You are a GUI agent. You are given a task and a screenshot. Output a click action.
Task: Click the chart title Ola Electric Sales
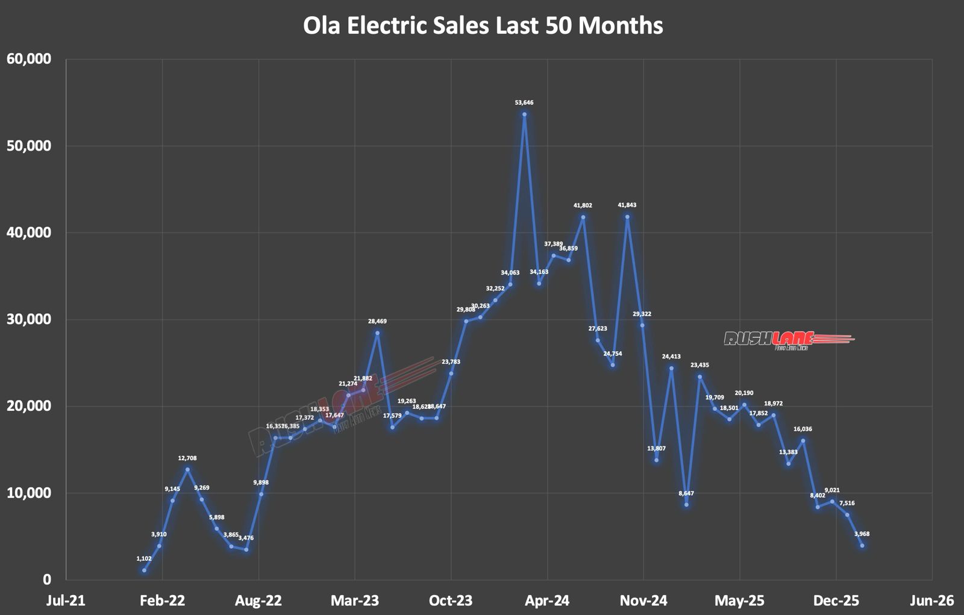click(483, 25)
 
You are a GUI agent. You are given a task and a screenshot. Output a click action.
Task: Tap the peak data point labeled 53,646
click(524, 114)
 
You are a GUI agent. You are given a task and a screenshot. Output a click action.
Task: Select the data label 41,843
click(627, 205)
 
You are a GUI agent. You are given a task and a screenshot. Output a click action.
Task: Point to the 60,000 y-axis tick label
click(29, 59)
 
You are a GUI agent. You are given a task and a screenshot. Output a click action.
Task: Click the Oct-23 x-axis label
click(451, 601)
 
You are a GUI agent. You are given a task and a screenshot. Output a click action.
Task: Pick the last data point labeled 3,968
click(862, 546)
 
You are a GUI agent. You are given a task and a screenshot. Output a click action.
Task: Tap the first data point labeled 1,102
click(144, 570)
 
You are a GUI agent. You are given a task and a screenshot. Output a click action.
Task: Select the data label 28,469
click(377, 322)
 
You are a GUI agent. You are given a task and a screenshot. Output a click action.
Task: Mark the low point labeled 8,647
click(686, 504)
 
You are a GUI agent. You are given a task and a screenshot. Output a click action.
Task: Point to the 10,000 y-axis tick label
click(29, 493)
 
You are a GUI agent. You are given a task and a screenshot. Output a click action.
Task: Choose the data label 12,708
click(187, 458)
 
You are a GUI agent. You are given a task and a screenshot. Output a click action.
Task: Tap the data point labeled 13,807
click(656, 460)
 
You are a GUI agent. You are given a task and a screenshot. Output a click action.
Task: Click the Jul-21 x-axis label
click(66, 601)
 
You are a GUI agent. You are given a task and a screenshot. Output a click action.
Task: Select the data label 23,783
click(451, 362)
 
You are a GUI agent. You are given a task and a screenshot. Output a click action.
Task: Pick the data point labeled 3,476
click(246, 549)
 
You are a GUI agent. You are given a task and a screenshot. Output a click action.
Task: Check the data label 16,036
click(803, 429)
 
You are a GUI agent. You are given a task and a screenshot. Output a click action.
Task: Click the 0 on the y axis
click(47, 579)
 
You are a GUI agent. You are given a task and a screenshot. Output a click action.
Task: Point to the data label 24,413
click(671, 357)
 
